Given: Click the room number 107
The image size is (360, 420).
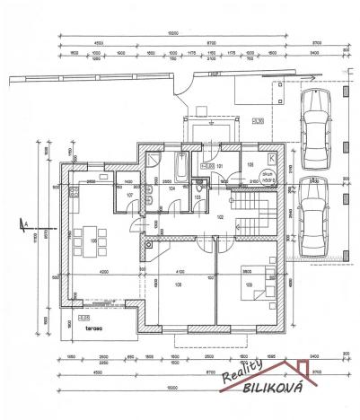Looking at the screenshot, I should coord(129,195).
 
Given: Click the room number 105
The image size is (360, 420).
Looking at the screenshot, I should coord(250,165).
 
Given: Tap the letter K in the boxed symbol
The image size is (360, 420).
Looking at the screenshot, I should coord(272,157).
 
